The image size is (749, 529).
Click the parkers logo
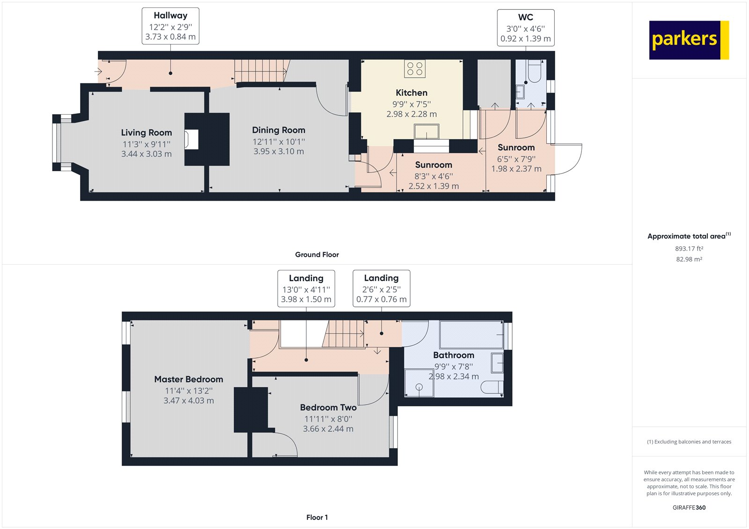pyautogui.click(x=689, y=40)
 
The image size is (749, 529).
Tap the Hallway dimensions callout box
pyautogui.click(x=170, y=27)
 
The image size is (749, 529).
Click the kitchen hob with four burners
pyautogui.click(x=415, y=69)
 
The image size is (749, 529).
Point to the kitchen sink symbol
pyautogui.click(x=426, y=132)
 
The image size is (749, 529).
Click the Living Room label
pyautogui.click(x=147, y=133)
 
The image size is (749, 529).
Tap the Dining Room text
pyautogui.click(x=279, y=130)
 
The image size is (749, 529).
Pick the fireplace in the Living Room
pyautogui.click(x=191, y=139)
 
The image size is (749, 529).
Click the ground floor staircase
pyautogui.click(x=260, y=71)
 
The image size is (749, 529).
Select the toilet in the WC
pyautogui.click(x=535, y=70)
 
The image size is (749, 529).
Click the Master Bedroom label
pyautogui.click(x=189, y=379)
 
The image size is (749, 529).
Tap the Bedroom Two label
pyautogui.click(x=328, y=407)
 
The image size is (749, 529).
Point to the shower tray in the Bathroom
pyautogui.click(x=419, y=384)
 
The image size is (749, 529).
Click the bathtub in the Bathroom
pyautogui.click(x=471, y=335)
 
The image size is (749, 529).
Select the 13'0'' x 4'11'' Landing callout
pyautogui.click(x=306, y=289)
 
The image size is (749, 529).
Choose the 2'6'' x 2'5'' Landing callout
pyautogui.click(x=381, y=289)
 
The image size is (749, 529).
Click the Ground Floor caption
pyautogui.click(x=317, y=254)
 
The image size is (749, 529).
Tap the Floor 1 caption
pyautogui.click(x=317, y=517)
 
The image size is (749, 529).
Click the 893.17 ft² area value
pyautogui.click(x=689, y=249)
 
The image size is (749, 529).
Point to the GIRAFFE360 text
pyautogui.click(x=689, y=507)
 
